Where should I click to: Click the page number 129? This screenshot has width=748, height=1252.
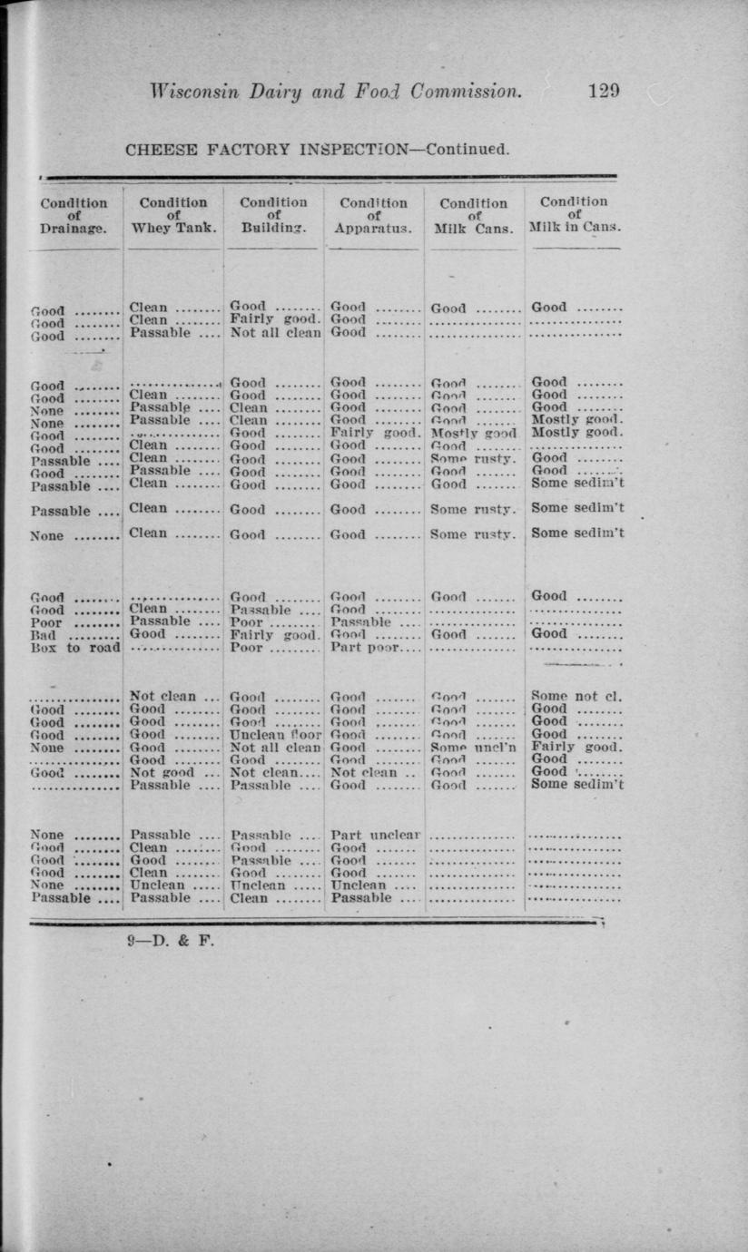point(604,91)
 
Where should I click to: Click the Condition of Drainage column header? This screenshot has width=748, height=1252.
point(74,217)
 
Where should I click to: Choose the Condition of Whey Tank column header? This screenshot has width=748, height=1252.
point(173,216)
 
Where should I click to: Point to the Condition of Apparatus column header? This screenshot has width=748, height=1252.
point(373,217)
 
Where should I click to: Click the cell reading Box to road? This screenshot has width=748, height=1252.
point(75,649)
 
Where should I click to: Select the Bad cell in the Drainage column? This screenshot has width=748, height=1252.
point(44,636)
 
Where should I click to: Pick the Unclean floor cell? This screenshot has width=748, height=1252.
point(276,735)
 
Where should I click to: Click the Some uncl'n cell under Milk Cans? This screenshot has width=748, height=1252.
point(473,748)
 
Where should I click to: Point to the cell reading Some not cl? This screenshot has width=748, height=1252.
point(576,697)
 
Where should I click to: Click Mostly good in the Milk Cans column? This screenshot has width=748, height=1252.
point(473,434)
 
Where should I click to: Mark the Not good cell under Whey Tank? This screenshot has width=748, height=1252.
point(162,773)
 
